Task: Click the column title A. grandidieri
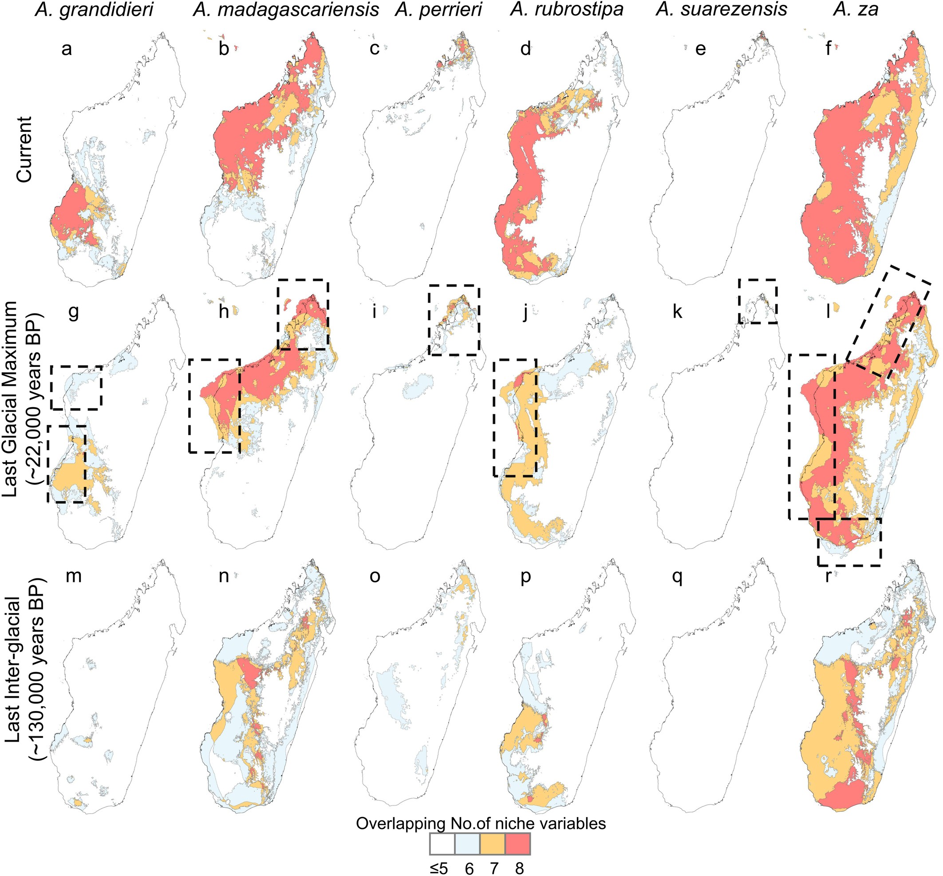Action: pos(95,9)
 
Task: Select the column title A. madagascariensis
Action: pos(286,9)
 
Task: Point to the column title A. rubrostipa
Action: pos(567,9)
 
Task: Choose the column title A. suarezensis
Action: pos(722,9)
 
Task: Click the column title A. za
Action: pos(856,9)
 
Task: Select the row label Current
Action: pos(24,149)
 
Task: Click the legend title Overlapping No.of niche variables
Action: pos(481,823)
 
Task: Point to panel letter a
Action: pos(67,48)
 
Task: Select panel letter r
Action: pos(828,577)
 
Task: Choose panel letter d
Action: pos(525,48)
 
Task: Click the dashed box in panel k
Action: pos(758,280)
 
